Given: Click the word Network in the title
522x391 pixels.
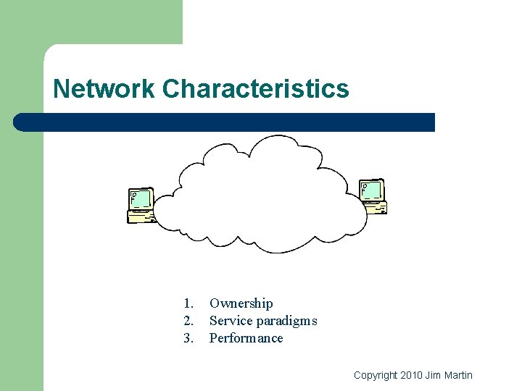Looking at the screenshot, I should point(104,89).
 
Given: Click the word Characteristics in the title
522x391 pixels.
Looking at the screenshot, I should point(255,89).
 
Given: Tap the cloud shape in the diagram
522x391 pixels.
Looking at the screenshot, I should point(261,195).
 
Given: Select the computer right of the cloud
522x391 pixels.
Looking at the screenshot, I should point(373,197).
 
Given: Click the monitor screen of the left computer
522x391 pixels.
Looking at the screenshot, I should point(141,198).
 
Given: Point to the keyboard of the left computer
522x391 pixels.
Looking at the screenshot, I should point(141,216).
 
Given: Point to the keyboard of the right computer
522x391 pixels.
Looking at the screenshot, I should point(376,208).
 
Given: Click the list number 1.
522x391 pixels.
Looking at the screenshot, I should point(188,303).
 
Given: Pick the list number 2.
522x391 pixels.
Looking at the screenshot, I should point(188,321).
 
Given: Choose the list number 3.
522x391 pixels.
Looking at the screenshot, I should point(188,338).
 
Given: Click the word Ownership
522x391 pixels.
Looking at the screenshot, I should point(241,303).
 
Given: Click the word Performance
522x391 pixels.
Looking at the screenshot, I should point(246,338).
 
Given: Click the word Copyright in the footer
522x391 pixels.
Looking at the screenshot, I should point(375,375).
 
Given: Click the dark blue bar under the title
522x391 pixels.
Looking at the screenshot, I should point(225,122).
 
